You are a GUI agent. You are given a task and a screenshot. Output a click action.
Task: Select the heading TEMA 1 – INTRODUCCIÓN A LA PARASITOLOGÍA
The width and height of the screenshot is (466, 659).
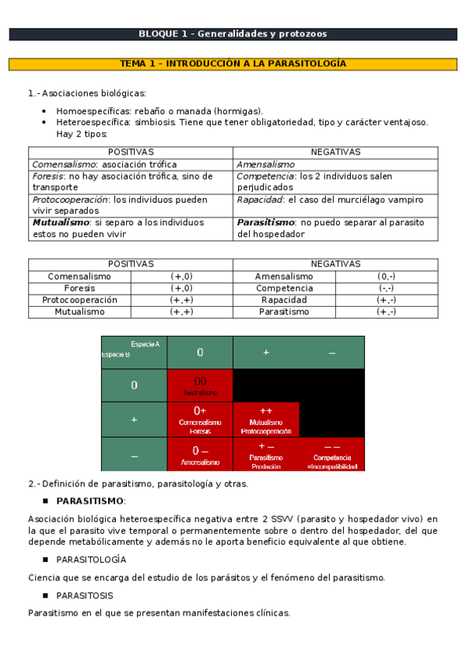(233, 64)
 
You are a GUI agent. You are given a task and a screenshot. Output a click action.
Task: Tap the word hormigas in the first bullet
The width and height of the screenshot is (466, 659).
(239, 111)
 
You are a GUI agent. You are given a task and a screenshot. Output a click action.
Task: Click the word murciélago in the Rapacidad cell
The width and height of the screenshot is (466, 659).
(349, 200)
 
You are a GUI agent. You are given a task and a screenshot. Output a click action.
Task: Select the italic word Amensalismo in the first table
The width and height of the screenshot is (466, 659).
(266, 165)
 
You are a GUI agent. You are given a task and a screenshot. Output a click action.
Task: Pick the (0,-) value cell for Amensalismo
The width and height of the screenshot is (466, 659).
(386, 277)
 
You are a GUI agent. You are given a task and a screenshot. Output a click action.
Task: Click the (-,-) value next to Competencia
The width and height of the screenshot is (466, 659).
(386, 288)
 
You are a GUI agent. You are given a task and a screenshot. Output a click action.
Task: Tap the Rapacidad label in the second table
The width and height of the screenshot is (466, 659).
(284, 300)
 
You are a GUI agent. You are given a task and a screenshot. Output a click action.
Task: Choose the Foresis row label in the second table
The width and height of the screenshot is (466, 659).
(79, 288)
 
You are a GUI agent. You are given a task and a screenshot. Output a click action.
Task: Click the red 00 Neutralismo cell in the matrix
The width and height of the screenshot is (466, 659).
(200, 385)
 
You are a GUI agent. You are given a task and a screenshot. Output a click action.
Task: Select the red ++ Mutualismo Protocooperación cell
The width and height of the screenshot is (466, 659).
(266, 420)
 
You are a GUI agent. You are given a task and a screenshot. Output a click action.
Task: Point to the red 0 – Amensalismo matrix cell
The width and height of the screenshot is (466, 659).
(200, 455)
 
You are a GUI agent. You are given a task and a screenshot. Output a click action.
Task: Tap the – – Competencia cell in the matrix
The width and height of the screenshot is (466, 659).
(332, 455)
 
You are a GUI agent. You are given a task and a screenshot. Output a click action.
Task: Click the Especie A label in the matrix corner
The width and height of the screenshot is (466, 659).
(145, 343)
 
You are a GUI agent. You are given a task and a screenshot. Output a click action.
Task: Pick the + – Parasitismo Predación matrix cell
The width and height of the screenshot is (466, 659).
(266, 455)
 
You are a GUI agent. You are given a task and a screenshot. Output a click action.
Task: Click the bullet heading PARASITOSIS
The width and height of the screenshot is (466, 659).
(84, 595)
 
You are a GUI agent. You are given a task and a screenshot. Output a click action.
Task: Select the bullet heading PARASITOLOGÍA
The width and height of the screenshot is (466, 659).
(90, 560)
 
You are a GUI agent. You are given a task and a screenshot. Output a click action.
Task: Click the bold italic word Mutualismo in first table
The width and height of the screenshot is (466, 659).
(61, 222)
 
